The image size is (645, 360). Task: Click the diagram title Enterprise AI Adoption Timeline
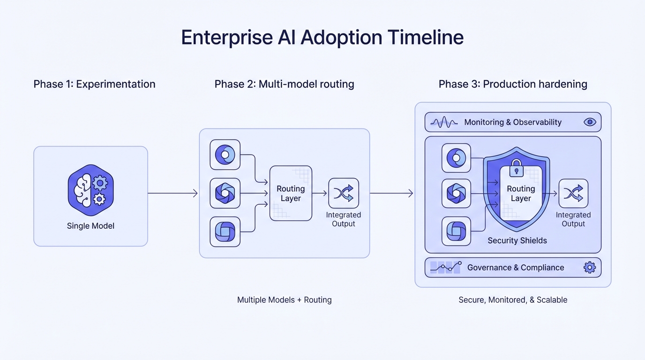(x=322, y=37)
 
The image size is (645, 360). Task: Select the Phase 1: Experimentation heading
(x=94, y=84)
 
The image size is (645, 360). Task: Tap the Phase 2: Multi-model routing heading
(x=284, y=84)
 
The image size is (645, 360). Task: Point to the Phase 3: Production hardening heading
(x=513, y=84)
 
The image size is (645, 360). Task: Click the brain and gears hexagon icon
(x=91, y=189)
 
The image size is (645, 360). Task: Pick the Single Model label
(x=90, y=226)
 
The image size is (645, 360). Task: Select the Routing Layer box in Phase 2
(x=291, y=193)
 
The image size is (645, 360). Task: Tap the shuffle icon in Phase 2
(x=344, y=193)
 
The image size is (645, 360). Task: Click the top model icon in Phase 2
(x=225, y=155)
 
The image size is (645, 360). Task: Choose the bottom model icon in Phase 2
(x=225, y=232)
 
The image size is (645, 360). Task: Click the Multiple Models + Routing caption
(x=284, y=300)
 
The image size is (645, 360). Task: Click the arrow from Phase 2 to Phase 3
(x=391, y=193)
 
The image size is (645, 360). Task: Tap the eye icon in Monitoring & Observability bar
(x=590, y=122)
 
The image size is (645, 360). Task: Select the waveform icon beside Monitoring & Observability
(x=444, y=122)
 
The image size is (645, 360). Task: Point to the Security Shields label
(x=517, y=241)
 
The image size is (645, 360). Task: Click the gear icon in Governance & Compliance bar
(x=589, y=268)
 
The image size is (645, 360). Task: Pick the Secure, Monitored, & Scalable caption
(x=513, y=300)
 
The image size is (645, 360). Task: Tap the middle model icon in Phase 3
(x=456, y=193)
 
